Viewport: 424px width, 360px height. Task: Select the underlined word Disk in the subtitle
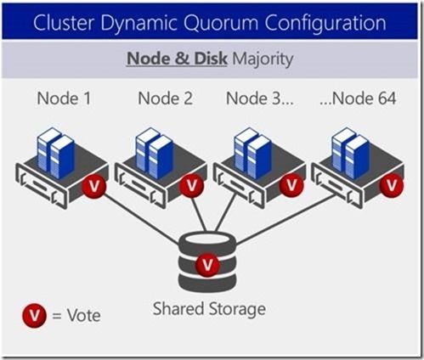coord(211,59)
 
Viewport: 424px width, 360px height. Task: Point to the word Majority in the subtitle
coord(263,59)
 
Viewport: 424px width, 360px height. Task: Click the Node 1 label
coord(64,98)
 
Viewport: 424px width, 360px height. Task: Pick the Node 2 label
coord(165,98)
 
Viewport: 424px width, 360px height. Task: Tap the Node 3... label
coord(260,98)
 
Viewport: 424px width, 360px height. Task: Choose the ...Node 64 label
coord(358,98)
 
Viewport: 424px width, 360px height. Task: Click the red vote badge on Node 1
coord(94,186)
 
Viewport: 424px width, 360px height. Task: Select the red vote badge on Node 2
coord(192,185)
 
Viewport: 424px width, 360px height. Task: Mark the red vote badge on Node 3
coord(291,185)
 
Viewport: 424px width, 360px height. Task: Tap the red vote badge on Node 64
coord(392,185)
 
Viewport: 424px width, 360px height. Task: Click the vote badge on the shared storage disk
coord(207,265)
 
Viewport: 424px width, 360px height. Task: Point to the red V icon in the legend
coord(35,315)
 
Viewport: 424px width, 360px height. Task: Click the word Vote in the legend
coord(83,315)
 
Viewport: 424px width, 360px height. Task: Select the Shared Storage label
coord(209,308)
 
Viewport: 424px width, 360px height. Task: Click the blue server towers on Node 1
coord(56,153)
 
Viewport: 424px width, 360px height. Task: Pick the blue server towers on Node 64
coord(351,153)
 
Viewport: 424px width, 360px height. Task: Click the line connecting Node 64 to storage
coord(285,220)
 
